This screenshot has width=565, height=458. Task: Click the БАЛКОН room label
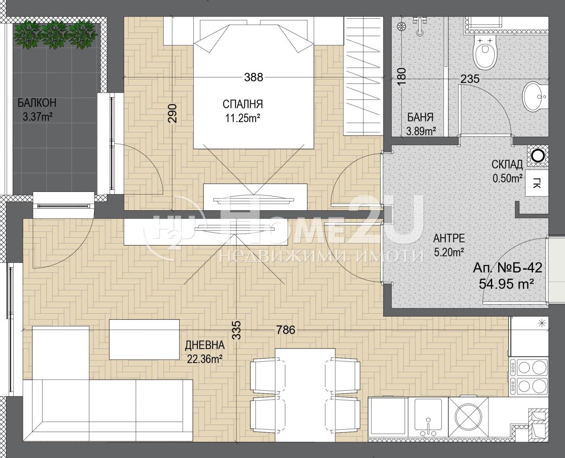[37, 103]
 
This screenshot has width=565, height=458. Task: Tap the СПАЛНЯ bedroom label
[243, 104]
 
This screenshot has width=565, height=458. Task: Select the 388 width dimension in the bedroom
[253, 77]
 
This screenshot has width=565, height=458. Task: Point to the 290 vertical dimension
[172, 113]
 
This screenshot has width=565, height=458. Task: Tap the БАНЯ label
[421, 117]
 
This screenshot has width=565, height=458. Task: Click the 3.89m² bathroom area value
[422, 131]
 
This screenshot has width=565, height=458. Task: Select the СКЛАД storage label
[507, 164]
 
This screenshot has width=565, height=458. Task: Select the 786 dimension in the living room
[285, 330]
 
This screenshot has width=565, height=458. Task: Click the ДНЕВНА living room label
[205, 345]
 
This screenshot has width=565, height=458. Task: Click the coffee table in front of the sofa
[144, 339]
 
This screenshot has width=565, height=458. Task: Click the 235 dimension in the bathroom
[470, 79]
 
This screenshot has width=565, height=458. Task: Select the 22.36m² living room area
[205, 359]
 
